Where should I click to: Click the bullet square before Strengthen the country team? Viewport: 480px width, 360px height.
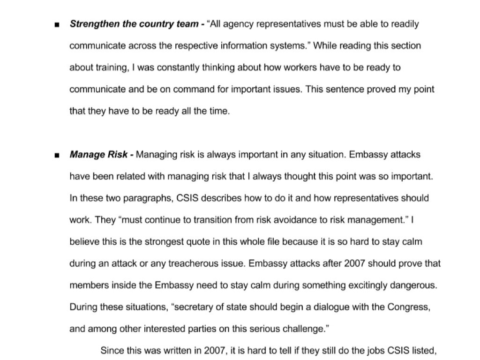click(x=57, y=25)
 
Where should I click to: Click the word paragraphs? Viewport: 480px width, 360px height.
click(x=148, y=198)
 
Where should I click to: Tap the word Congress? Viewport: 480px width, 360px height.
click(x=408, y=307)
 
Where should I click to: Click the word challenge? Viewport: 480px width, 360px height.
click(x=302, y=329)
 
